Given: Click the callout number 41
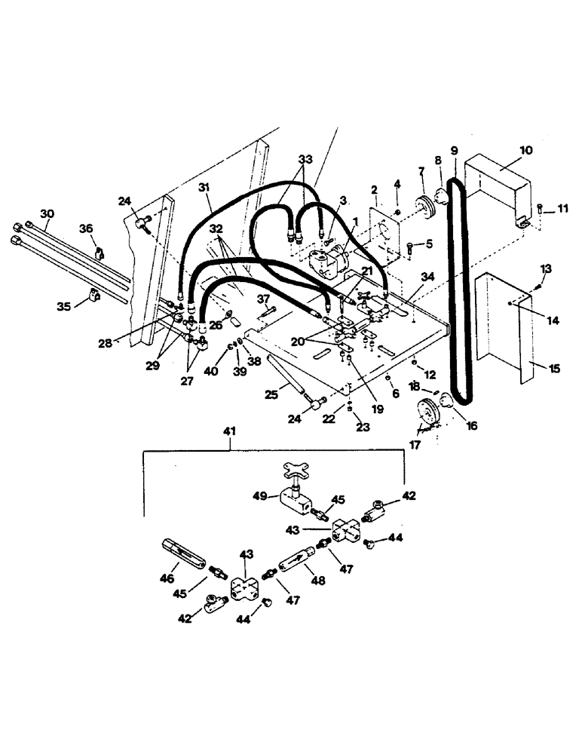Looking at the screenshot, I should pyautogui.click(x=230, y=431).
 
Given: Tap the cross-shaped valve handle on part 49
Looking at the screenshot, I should pyautogui.click(x=293, y=470).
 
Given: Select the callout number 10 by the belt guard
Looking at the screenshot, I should pyautogui.click(x=525, y=150).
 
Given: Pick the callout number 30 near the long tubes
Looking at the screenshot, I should pyautogui.click(x=47, y=214).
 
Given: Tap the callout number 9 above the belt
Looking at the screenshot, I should pyautogui.click(x=454, y=150).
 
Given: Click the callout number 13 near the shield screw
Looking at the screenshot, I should pyautogui.click(x=547, y=269).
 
